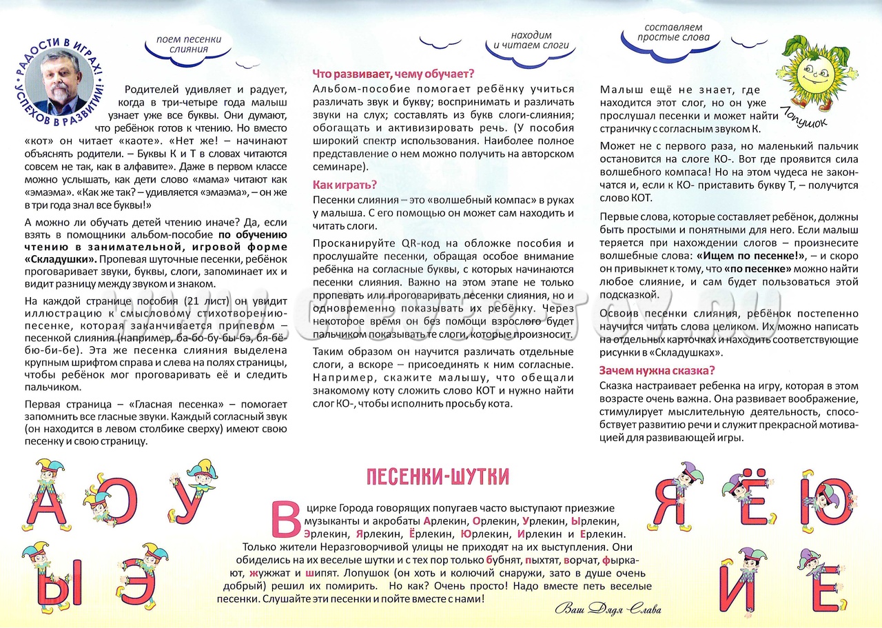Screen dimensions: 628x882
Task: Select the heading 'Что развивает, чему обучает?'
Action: pyautogui.click(x=393, y=74)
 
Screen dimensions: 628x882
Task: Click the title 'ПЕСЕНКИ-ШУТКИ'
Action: pyautogui.click(x=438, y=476)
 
